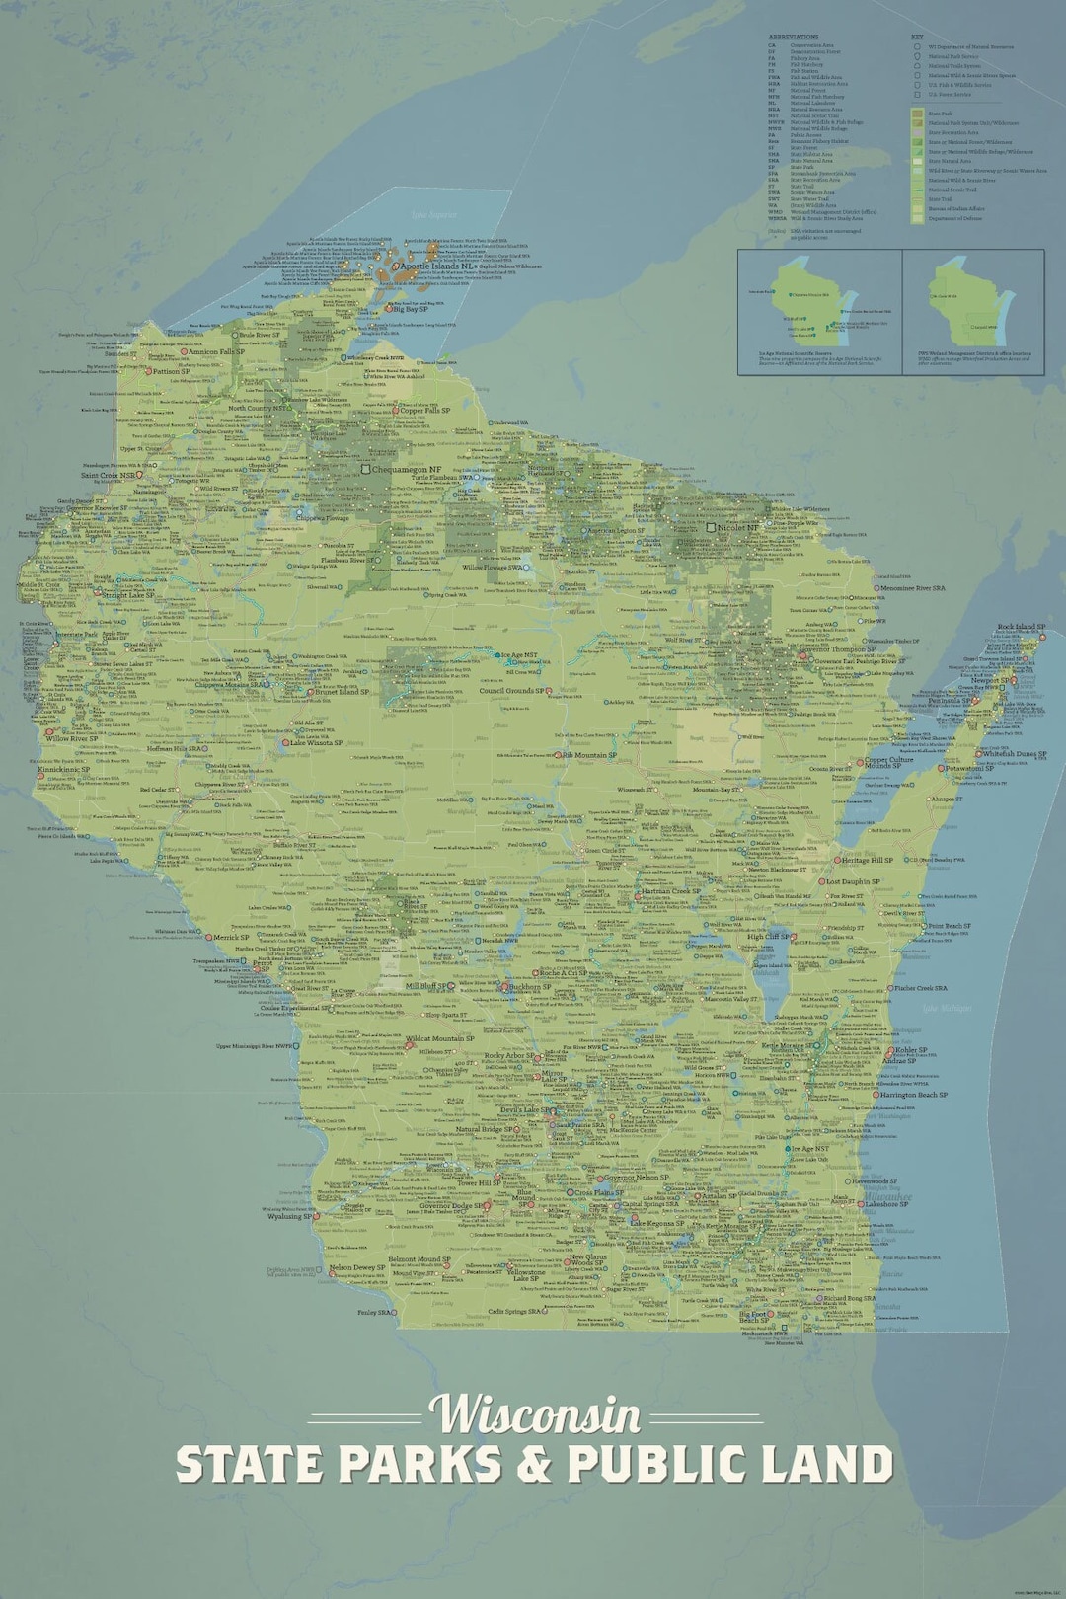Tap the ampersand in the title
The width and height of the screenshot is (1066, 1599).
click(x=534, y=1464)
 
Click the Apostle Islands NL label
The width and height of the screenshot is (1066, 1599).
click(x=438, y=266)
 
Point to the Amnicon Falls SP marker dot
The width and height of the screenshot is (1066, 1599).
click(x=184, y=352)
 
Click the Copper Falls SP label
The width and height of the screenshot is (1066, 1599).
click(x=424, y=411)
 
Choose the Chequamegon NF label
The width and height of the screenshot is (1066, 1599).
click(x=406, y=470)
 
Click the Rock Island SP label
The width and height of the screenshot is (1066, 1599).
click(x=1021, y=627)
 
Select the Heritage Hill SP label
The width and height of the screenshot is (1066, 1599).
click(x=867, y=860)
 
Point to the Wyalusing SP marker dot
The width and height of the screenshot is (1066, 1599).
click(x=317, y=1216)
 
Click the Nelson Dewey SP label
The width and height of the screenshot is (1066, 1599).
click(x=357, y=1267)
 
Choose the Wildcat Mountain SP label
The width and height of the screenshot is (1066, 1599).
click(x=440, y=1038)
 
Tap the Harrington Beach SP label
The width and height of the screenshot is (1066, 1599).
click(x=913, y=1095)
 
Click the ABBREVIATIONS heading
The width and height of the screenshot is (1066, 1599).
click(x=793, y=37)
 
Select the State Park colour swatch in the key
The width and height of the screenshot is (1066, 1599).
click(x=917, y=114)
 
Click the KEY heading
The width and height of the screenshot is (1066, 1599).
click(x=917, y=37)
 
